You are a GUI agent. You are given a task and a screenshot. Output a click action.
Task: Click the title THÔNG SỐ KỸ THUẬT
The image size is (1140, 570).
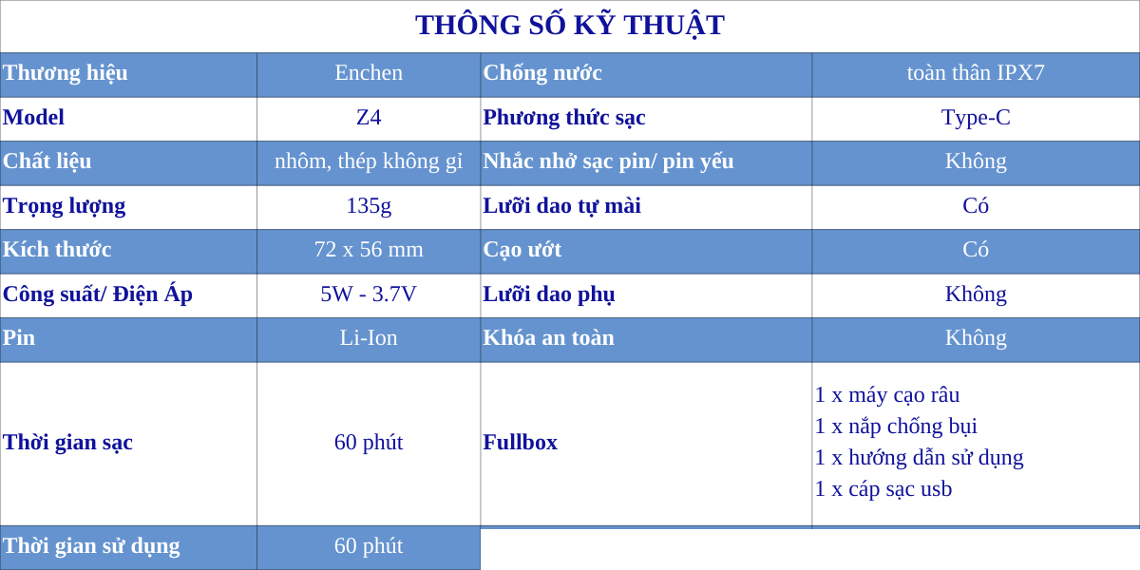(x=570, y=26)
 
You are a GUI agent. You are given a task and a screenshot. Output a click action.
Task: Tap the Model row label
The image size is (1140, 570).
(x=33, y=118)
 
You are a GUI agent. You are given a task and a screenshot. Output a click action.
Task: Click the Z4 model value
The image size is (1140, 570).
(x=369, y=118)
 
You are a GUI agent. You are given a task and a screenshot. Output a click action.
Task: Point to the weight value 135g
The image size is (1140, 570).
(x=369, y=206)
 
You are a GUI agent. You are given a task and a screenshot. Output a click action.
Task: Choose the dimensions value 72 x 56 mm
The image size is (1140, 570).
(x=369, y=250)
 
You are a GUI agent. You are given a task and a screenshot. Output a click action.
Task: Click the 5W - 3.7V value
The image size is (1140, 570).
(x=369, y=294)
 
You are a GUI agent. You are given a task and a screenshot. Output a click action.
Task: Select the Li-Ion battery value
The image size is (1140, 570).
(x=369, y=338)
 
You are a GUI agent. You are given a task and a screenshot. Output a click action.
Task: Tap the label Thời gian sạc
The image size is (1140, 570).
(x=67, y=443)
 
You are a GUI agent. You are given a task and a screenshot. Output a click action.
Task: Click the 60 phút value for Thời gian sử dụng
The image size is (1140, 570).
(x=369, y=546)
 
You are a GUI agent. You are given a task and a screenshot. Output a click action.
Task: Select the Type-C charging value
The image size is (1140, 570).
(x=976, y=118)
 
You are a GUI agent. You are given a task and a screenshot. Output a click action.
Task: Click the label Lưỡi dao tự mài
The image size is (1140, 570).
(x=561, y=206)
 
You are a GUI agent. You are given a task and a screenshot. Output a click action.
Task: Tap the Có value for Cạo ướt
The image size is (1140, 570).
(x=976, y=249)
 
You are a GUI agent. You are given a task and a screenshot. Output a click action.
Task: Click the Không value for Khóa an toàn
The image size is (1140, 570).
(x=976, y=338)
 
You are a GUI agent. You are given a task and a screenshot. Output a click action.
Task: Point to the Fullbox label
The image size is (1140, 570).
(x=521, y=443)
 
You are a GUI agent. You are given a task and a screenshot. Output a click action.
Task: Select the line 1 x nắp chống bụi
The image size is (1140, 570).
(x=896, y=427)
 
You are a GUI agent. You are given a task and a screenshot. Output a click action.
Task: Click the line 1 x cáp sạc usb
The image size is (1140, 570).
(x=883, y=489)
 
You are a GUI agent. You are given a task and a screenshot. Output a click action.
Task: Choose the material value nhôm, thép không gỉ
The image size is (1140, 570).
(x=369, y=161)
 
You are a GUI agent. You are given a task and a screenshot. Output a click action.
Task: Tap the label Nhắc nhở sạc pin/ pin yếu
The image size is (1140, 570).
(x=608, y=161)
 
